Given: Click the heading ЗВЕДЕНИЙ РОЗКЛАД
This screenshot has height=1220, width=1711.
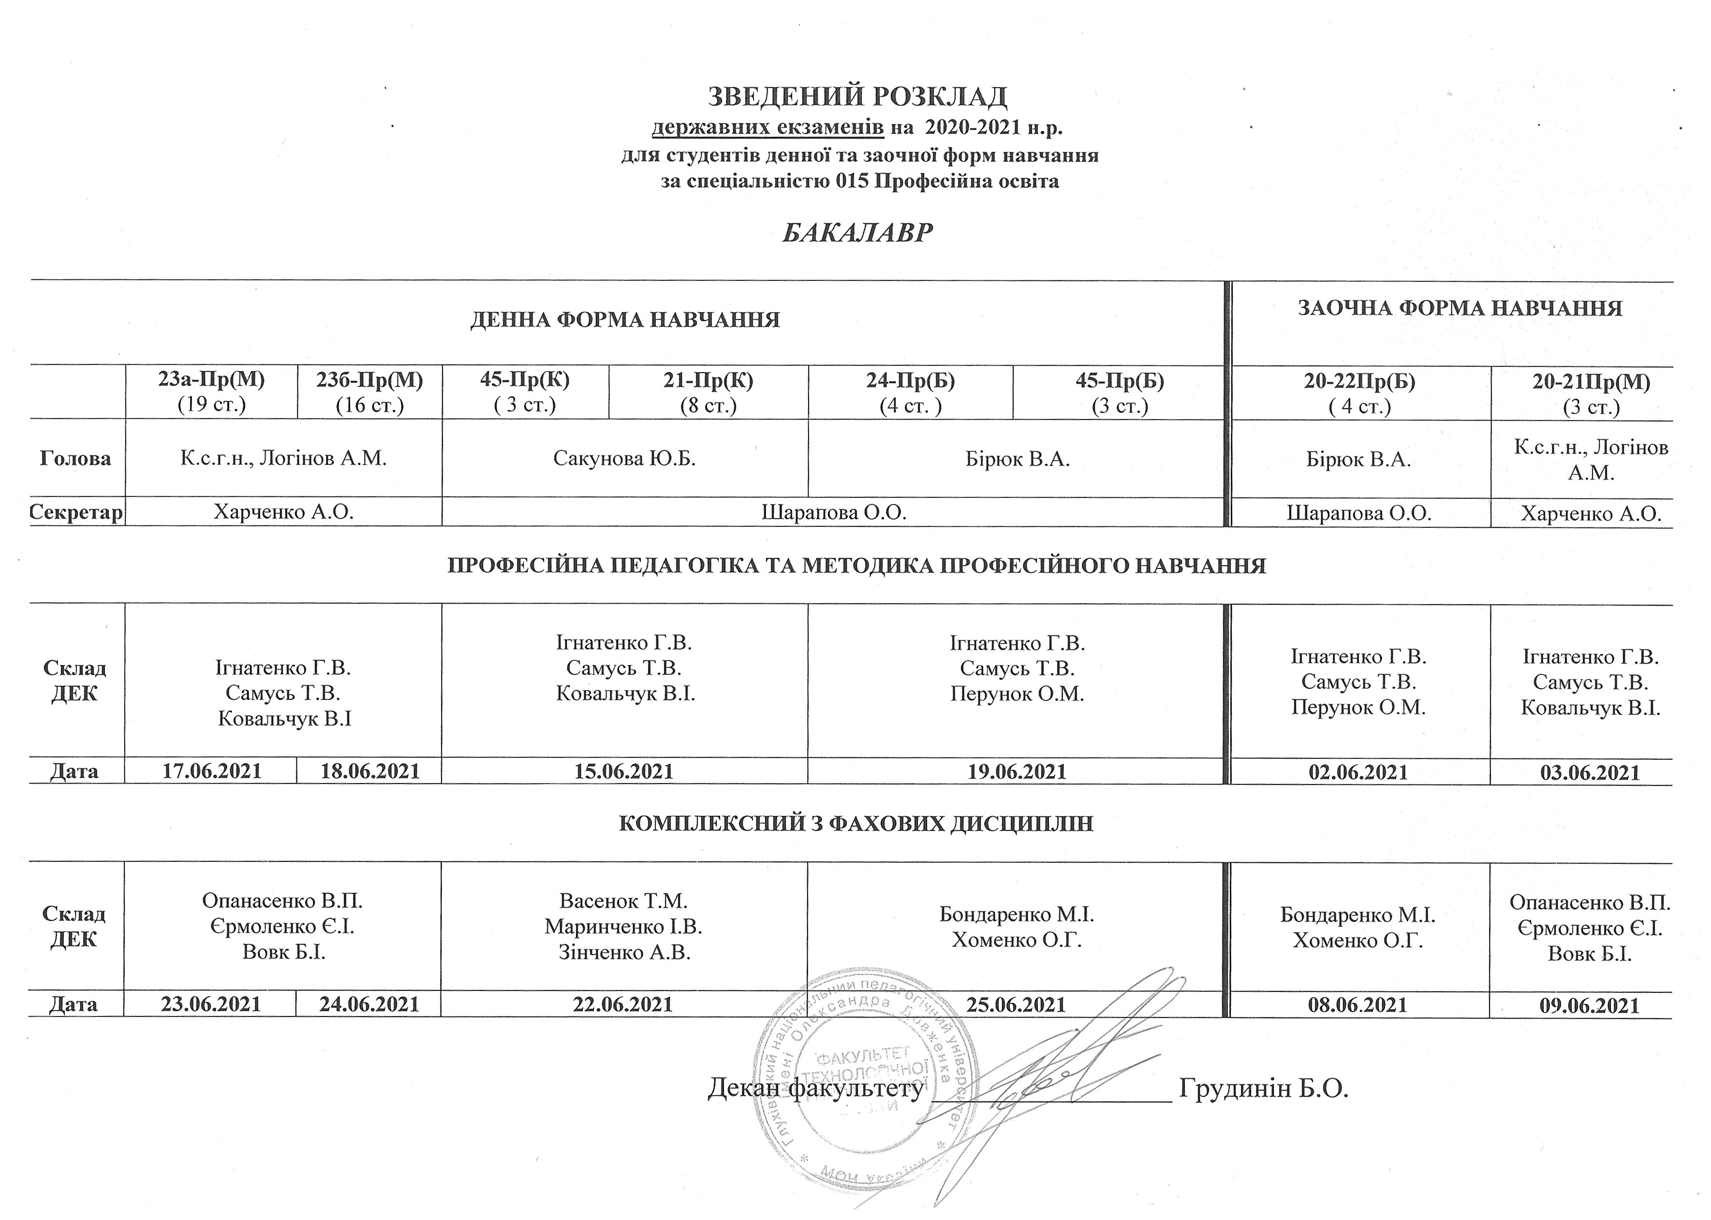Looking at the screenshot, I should pos(856,96).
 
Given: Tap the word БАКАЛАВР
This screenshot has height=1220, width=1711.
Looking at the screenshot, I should pos(856,233).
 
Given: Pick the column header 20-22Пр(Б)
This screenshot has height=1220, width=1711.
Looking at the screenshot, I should pos(1359,382).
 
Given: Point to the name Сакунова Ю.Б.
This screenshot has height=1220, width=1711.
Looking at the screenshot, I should pos(624,458).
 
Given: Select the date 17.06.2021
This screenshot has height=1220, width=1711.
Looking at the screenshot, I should pos(211,771).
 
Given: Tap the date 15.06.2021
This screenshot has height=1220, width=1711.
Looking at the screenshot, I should pos(624,771).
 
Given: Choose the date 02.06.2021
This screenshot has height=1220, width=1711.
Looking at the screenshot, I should pos(1358,772).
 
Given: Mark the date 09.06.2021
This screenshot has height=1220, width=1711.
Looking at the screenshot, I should pos(1590,1006).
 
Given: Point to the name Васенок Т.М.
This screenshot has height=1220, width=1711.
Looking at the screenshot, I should pos(624,900).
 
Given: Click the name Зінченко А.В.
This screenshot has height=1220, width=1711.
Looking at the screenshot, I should pos(624,953).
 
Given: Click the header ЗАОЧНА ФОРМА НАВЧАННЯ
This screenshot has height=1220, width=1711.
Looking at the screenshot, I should pos(1460,308).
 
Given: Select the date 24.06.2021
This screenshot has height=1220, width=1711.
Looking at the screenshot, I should pos(369,1004).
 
